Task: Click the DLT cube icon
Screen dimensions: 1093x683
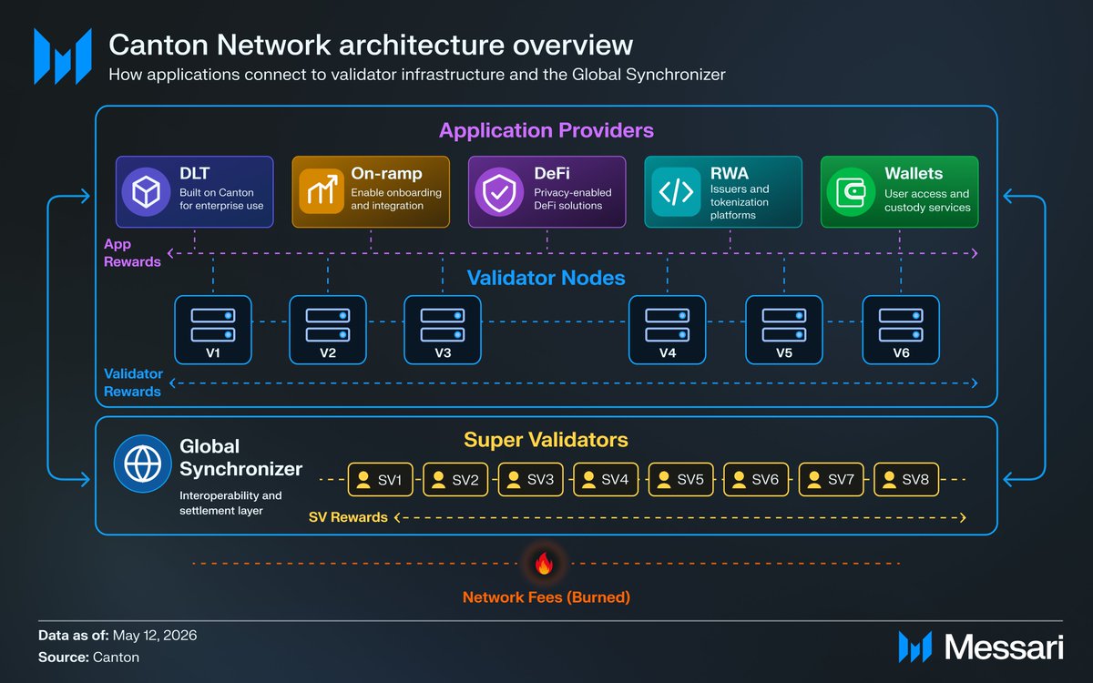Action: point(146,192)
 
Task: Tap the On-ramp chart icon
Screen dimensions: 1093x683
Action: point(322,191)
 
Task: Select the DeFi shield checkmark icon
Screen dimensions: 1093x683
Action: point(499,192)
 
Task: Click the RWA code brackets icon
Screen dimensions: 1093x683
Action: point(676,192)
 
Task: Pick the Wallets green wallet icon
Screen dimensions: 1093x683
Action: point(851,192)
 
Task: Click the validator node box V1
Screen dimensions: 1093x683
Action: point(213,330)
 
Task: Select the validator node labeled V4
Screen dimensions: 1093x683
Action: point(667,330)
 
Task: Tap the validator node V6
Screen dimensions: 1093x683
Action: point(901,330)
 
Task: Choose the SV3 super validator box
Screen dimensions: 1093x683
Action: point(530,480)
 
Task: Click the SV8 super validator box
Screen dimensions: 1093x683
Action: point(906,480)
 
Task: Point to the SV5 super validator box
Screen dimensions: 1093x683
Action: point(680,480)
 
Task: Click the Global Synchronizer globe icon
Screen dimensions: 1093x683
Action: point(142,464)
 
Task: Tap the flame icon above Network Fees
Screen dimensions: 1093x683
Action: point(544,564)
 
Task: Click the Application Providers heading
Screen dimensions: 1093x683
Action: point(546,130)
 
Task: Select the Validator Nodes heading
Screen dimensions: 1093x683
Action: point(546,278)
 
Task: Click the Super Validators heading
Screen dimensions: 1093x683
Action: point(546,440)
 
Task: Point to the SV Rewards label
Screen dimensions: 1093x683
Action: point(348,517)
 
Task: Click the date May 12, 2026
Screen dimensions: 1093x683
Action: point(155,636)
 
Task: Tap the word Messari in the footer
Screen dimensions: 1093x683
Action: point(1004,647)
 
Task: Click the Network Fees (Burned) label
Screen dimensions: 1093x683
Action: point(546,597)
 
